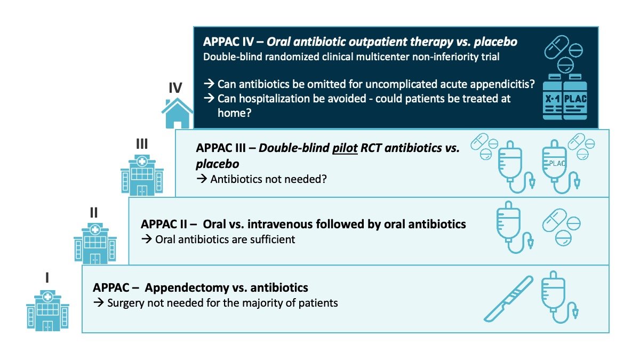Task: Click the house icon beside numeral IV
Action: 178,114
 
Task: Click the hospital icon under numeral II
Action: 95,243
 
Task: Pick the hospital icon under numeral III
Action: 142,175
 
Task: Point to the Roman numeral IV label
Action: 175,87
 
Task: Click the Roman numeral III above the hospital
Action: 142,143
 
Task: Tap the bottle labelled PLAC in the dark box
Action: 575,97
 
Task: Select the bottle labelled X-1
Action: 553,97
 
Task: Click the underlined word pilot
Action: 345,148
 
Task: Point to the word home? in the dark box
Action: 235,113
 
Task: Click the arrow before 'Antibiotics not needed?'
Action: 202,179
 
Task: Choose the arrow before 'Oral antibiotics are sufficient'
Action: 147,239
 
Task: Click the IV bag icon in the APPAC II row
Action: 514,227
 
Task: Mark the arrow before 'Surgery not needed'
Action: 99,302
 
